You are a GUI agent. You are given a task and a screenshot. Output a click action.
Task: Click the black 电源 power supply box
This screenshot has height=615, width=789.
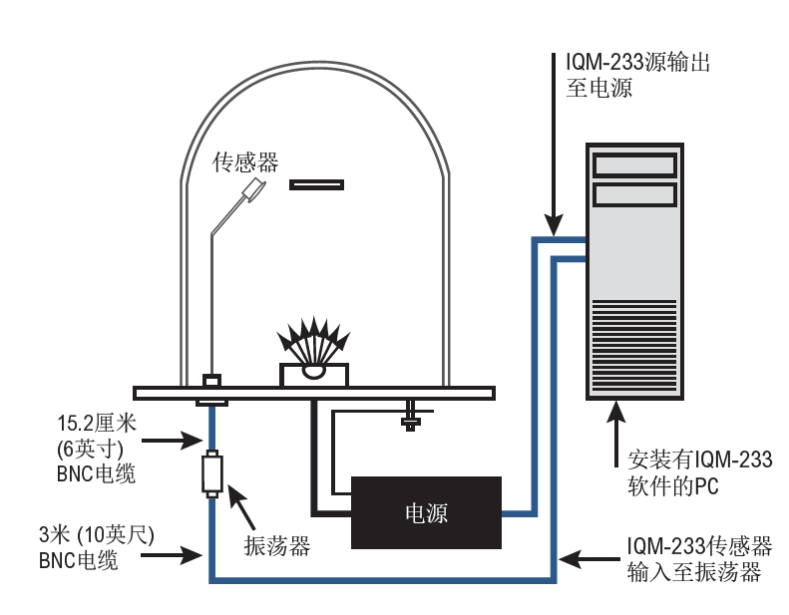[x=426, y=512]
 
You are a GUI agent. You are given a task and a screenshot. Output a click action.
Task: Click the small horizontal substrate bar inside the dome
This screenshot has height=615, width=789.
[x=316, y=184]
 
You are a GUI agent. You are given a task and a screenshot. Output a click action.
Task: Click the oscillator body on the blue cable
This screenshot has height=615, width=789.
[x=210, y=473]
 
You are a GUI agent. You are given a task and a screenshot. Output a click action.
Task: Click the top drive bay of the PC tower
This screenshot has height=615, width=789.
[x=634, y=162]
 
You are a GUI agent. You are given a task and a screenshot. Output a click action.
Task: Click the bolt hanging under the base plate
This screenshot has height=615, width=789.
[x=410, y=413]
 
